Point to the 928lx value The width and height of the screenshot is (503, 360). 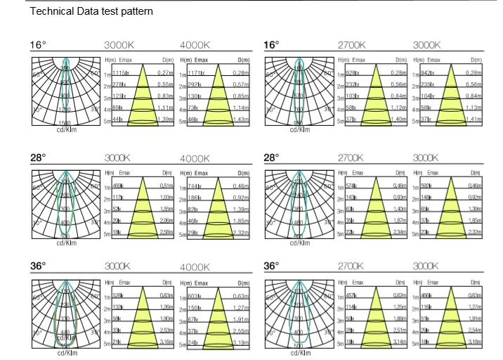353,73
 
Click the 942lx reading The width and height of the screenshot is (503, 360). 429,73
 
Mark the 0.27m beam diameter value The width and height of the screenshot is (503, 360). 165,73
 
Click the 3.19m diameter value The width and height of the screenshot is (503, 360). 240,342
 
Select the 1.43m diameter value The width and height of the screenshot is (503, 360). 240,121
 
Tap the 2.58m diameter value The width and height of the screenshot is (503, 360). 165,232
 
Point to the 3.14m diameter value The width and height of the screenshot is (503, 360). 398,342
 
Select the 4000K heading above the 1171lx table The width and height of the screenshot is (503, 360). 195,45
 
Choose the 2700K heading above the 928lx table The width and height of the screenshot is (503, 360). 353,45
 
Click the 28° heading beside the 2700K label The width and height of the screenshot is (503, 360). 273,157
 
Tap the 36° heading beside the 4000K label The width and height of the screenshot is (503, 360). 38,266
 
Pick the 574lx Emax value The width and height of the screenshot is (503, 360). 352,186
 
